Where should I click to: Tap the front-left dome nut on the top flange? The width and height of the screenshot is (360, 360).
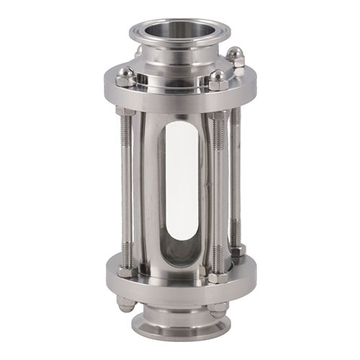point(126,74)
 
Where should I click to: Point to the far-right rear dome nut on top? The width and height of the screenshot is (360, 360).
point(235,55)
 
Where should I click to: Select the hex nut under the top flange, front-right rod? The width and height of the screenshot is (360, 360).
point(218,116)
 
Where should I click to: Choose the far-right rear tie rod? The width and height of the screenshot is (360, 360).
point(235,173)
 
